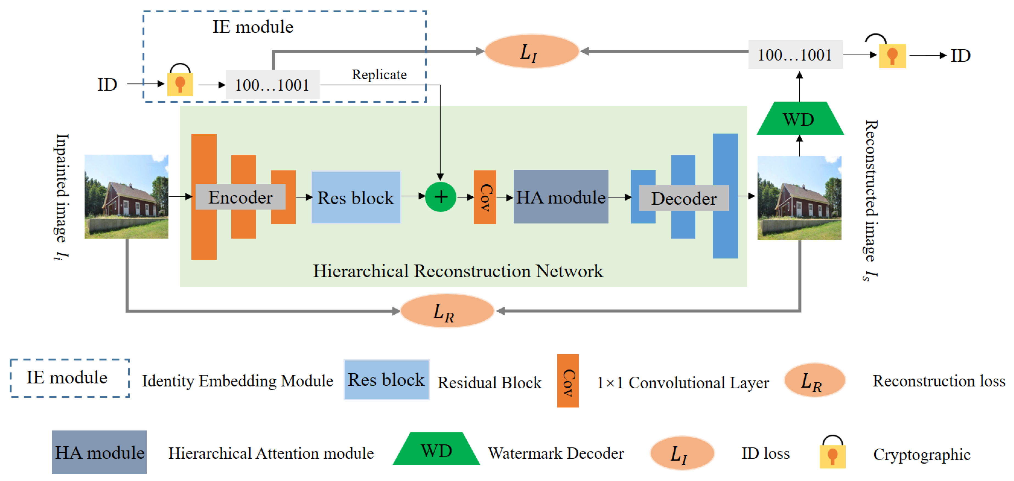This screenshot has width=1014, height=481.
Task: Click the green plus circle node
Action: [x=441, y=197]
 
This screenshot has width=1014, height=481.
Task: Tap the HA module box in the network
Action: [x=561, y=197]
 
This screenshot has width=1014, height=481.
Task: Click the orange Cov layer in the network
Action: [x=484, y=197]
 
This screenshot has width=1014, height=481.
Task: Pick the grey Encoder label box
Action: [x=240, y=197]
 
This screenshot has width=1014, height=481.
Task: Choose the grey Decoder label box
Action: [x=684, y=198]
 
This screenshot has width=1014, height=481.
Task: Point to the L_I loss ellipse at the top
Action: [x=531, y=51]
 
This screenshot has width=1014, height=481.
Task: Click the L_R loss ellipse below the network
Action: [x=447, y=311]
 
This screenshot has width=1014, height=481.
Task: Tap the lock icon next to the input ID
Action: [x=180, y=82]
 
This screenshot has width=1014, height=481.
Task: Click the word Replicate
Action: [x=379, y=74]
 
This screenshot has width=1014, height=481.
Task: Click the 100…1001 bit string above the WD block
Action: [x=795, y=55]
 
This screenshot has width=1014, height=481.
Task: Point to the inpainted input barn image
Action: [x=126, y=196]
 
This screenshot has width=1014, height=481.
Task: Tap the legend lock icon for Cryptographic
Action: [x=832, y=453]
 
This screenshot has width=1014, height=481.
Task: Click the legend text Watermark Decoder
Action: [x=556, y=454]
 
